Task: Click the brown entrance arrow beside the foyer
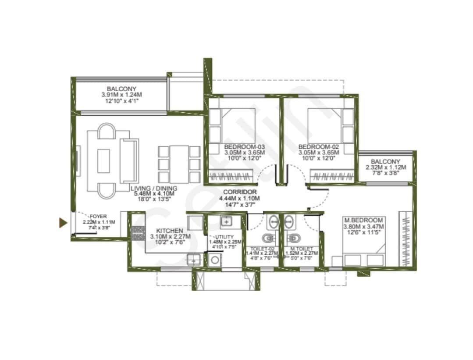[63, 223]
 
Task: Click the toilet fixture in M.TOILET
[293, 239]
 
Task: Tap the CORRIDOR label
[240, 192]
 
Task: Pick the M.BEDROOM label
[363, 220]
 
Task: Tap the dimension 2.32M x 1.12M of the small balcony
[385, 168]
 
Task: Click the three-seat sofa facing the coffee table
[129, 160]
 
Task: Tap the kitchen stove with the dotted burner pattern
[139, 232]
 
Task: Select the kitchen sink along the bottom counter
[192, 260]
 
